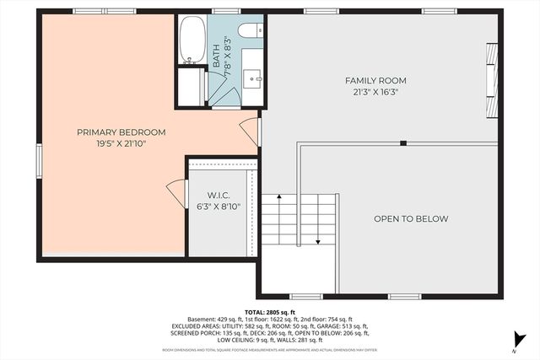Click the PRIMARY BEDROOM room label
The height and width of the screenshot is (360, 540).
[121, 132]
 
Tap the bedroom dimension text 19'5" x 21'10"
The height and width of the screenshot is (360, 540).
[121, 143]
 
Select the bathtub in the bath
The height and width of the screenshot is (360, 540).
[192, 40]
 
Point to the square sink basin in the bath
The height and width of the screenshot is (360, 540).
[252, 78]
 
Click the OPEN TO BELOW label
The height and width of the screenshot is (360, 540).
[411, 219]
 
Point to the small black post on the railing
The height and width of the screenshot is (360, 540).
[403, 142]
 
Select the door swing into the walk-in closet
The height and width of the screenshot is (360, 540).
[177, 193]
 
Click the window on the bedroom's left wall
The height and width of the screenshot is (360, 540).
[38, 160]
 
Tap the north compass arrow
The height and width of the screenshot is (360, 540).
[514, 341]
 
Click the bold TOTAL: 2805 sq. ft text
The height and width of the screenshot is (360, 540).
[270, 312]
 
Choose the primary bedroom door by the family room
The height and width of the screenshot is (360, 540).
[251, 131]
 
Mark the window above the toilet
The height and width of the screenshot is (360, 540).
[224, 11]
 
